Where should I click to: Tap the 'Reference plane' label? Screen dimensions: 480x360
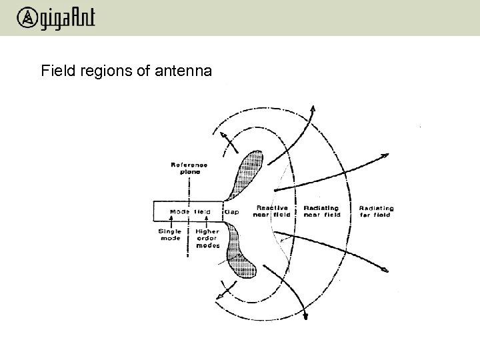tap(190, 167)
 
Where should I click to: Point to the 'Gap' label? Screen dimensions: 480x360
tap(232, 212)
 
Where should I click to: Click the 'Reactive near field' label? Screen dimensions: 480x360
tap(271, 211)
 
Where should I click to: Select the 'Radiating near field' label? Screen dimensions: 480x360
tap(322, 211)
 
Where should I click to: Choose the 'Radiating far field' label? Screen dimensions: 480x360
tap(376, 211)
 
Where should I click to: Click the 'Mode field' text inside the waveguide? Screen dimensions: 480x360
tap(190, 212)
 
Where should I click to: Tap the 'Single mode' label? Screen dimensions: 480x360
tap(169, 235)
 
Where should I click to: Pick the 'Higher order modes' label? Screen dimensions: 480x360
tap(208, 239)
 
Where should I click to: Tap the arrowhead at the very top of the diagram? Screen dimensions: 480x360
tap(313, 107)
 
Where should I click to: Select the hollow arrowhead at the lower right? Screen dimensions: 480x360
tap(383, 271)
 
